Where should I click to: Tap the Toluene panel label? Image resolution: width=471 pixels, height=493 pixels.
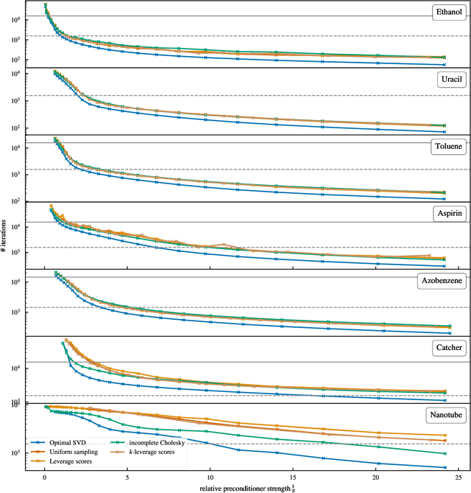[x=445, y=147]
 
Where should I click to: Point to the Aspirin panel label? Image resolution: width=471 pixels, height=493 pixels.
[x=446, y=213]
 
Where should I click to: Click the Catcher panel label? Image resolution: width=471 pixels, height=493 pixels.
[x=446, y=348]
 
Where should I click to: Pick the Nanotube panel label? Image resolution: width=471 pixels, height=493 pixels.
[x=443, y=415]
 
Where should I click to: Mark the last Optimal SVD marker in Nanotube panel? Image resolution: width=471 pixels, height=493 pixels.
[x=444, y=467]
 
